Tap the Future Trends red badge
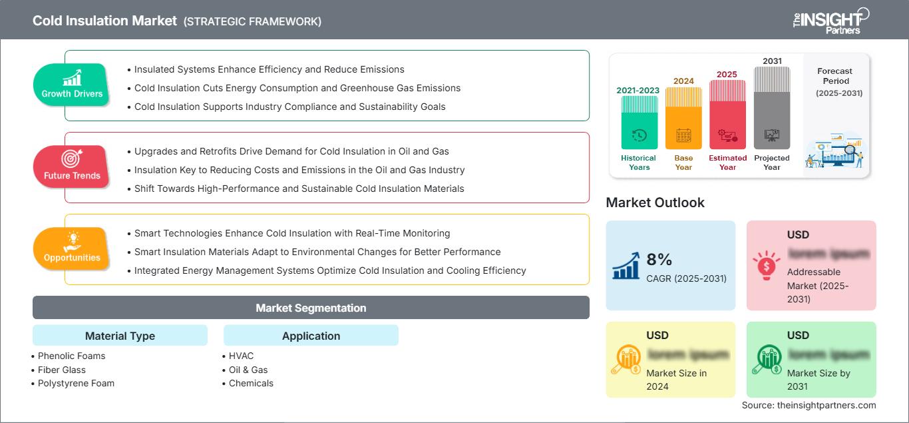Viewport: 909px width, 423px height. [x=71, y=167]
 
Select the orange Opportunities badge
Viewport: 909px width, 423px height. [x=71, y=248]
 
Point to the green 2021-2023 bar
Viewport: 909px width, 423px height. [x=639, y=123]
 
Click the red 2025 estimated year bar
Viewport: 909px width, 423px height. [x=727, y=114]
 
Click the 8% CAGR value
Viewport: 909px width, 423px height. [x=659, y=259]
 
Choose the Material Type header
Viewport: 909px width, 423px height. [x=120, y=336]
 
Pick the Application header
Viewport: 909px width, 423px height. [x=311, y=336]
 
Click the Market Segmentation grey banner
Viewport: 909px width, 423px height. [x=311, y=308]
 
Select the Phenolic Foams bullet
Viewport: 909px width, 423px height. [x=71, y=356]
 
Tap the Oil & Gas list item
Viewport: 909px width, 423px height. [x=248, y=370]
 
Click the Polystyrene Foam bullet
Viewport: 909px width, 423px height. [x=76, y=383]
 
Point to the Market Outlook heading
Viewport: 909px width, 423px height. [x=655, y=203]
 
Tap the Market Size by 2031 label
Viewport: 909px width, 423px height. [x=818, y=380]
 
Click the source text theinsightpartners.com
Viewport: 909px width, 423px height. [x=809, y=405]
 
